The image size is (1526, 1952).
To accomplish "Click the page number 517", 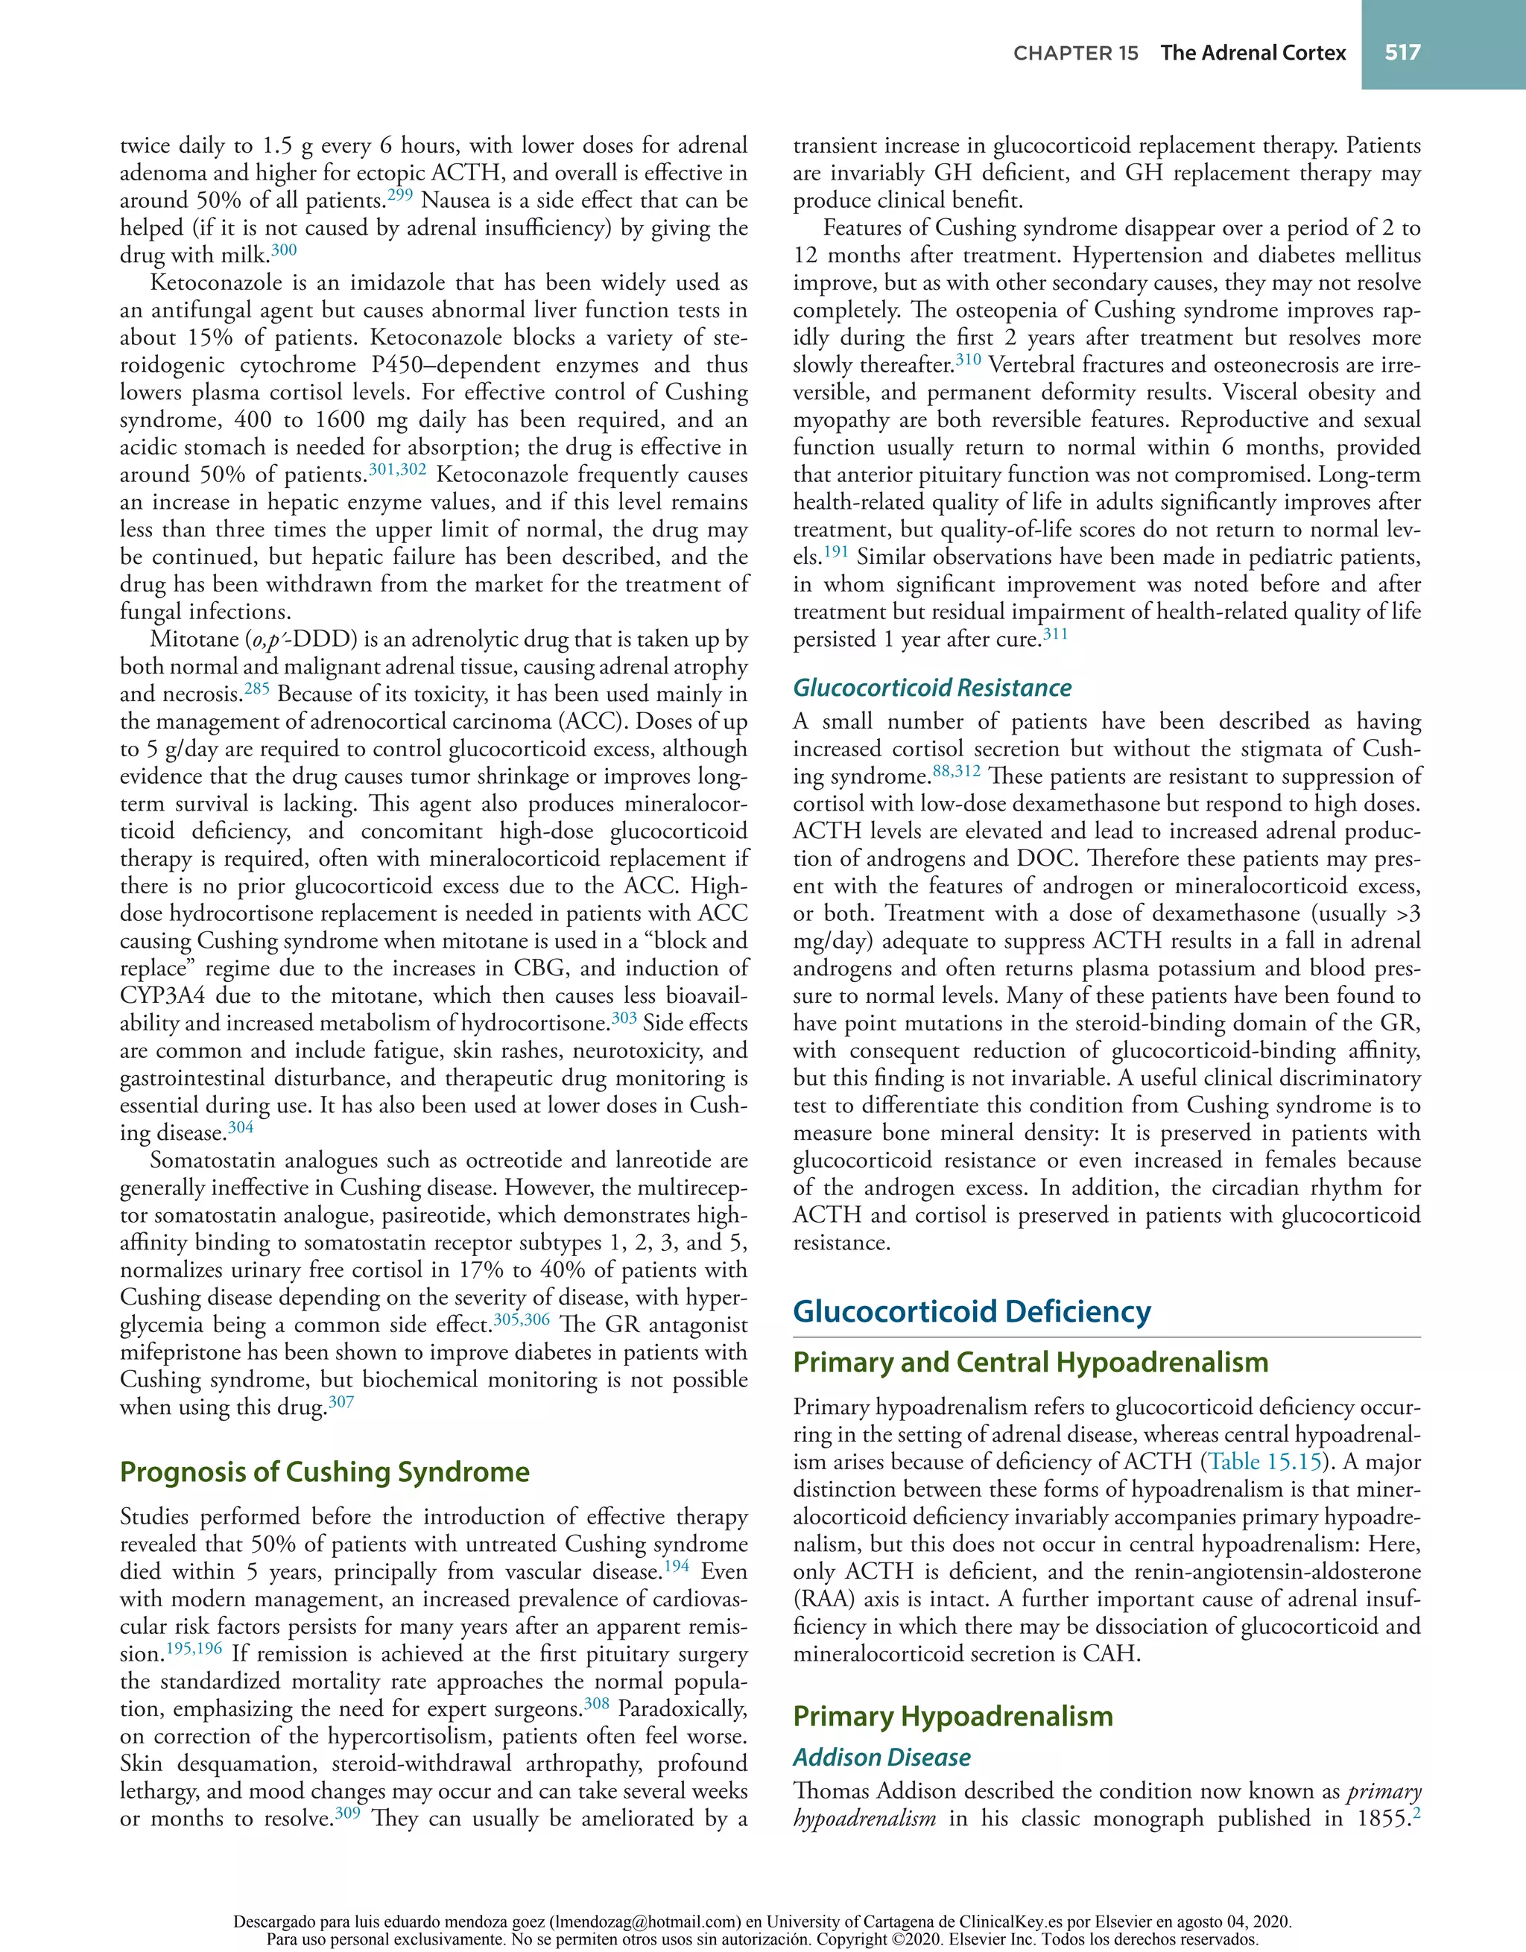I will [1402, 53].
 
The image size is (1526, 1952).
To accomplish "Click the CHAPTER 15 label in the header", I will [1075, 54].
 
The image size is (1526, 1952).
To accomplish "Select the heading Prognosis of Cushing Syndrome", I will [325, 1471].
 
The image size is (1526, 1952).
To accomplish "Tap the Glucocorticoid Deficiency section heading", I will [972, 1311].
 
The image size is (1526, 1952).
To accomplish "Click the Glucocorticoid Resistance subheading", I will [931, 688].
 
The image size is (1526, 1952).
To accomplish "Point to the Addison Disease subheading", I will [881, 1757].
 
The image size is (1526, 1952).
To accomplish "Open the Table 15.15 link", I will [1264, 1463].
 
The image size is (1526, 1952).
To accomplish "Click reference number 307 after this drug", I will [341, 1401].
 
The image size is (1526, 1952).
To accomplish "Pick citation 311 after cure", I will [1055, 635].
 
